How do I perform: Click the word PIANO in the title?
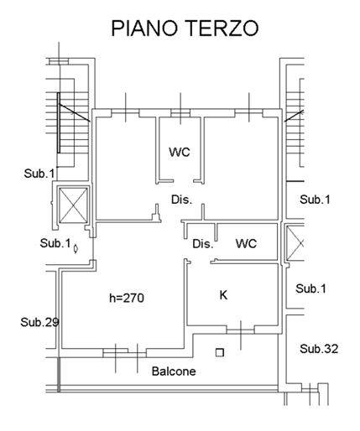click(144, 28)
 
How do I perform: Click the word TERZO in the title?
click(222, 28)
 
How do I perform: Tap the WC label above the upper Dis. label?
click(180, 152)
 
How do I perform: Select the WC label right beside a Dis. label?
click(246, 244)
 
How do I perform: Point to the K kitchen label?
click(223, 295)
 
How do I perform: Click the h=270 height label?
click(127, 298)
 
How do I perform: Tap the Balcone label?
click(174, 371)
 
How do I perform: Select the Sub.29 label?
click(39, 322)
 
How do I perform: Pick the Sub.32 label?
click(319, 349)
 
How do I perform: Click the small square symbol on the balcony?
click(220, 353)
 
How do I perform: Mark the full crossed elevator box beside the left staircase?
click(74, 205)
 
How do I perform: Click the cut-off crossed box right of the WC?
click(295, 243)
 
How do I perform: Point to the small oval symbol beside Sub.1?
click(76, 248)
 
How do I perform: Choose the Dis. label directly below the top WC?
click(182, 200)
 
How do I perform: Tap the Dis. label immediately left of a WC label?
click(203, 244)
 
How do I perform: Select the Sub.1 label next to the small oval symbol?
click(55, 243)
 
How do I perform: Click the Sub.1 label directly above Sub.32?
click(311, 288)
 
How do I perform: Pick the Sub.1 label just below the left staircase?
click(39, 174)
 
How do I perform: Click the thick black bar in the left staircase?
click(59, 122)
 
